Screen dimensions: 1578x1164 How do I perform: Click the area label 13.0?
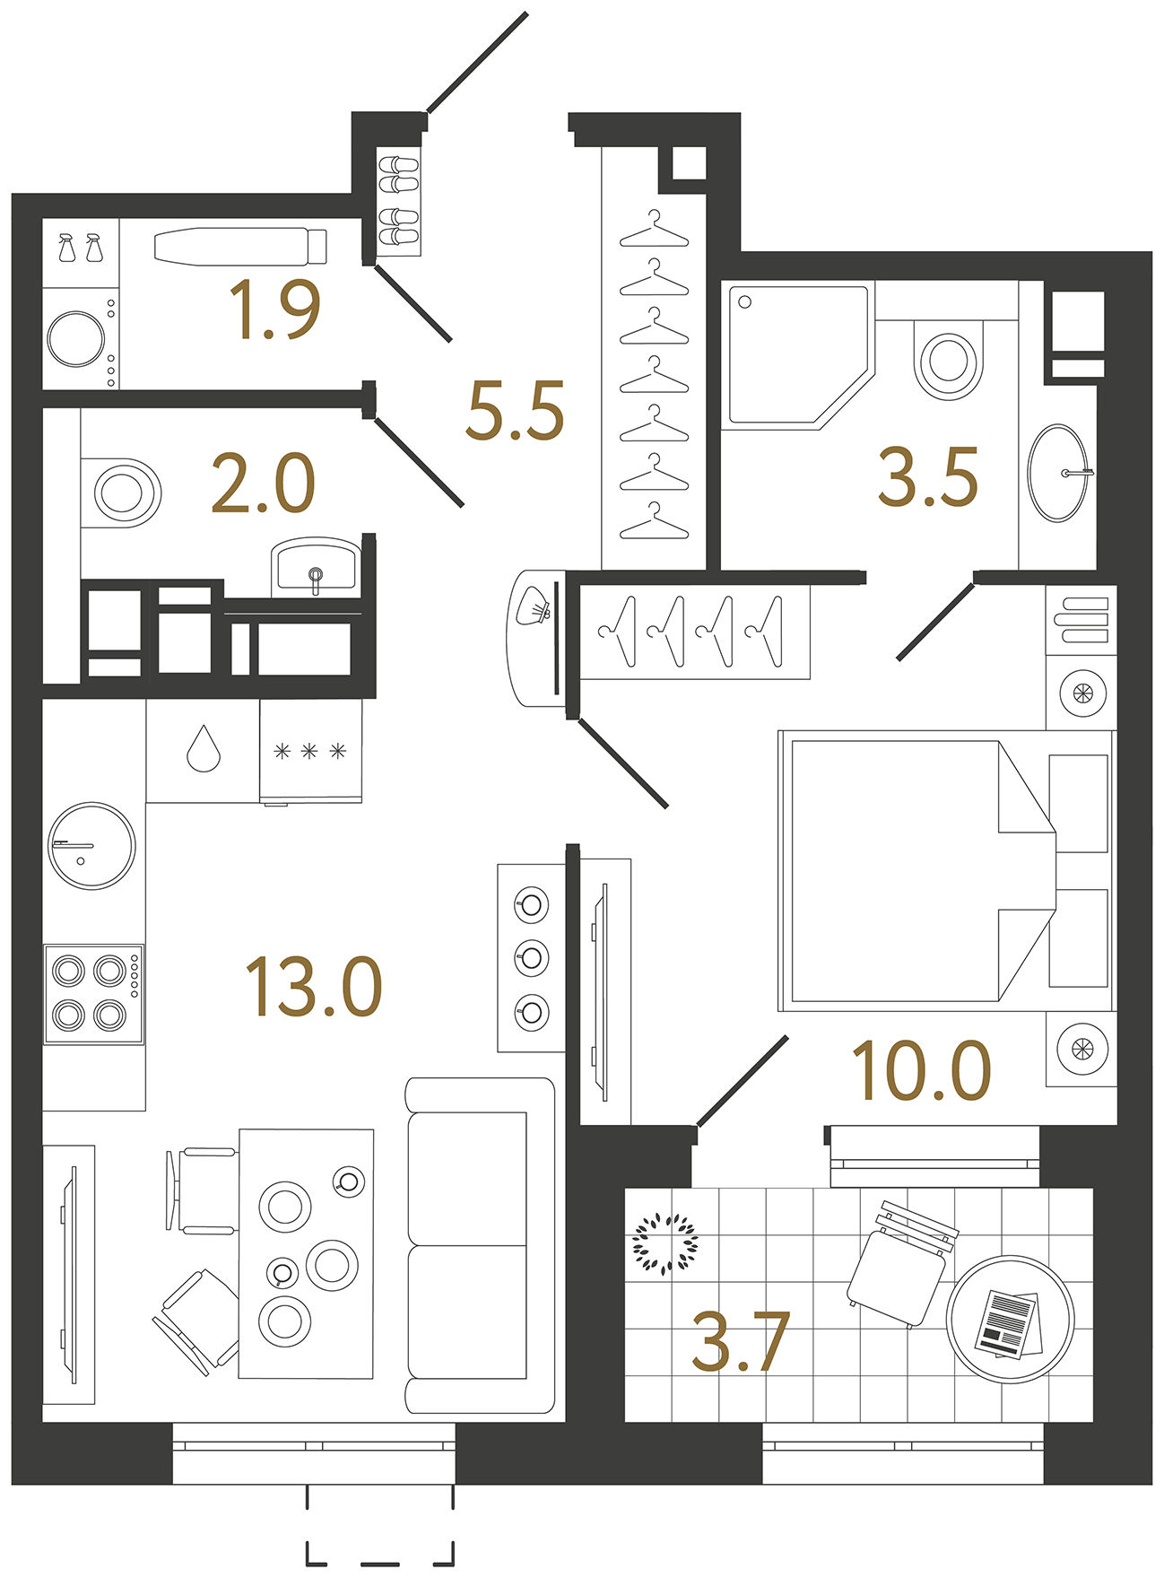point(314,987)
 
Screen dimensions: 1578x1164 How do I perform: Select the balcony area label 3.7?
point(741,1342)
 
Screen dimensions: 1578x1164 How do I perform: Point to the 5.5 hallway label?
point(515,411)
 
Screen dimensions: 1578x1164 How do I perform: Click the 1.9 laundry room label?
point(274,309)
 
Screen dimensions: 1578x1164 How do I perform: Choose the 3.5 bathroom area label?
point(927,477)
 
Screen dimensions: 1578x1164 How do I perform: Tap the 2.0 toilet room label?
point(263,484)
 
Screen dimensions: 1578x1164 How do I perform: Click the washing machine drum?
point(76,339)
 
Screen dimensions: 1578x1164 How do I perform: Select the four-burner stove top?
point(93,993)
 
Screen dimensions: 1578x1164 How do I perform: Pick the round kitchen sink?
point(91,846)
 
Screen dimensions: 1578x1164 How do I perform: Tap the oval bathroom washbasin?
point(1058,473)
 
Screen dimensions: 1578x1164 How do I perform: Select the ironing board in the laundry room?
point(239,247)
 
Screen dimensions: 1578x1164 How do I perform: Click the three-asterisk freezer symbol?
point(310,751)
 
